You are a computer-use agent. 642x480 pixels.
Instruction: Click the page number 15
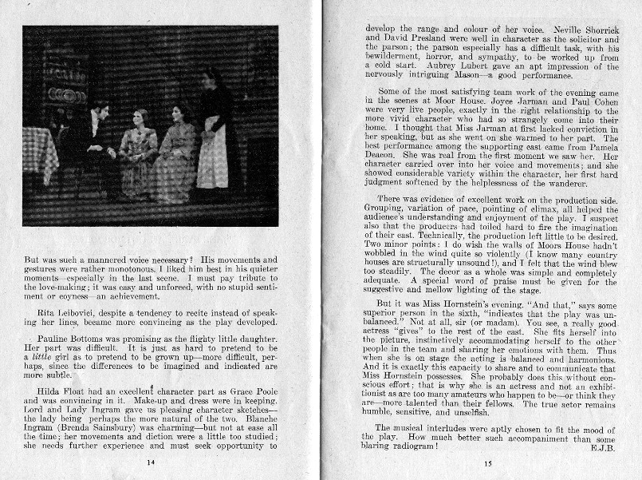[x=488, y=462]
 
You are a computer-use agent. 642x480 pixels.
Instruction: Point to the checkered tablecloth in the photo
[x=40, y=152]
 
